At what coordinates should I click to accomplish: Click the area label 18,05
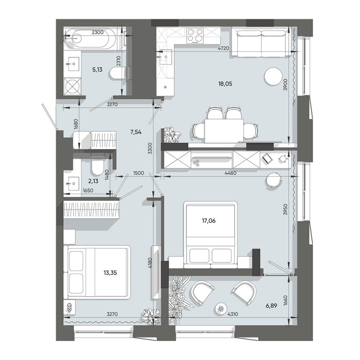tap(225, 84)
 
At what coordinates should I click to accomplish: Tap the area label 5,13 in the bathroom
tap(97, 69)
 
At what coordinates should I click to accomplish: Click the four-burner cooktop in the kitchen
tap(195, 35)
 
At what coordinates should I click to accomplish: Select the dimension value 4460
tap(230, 173)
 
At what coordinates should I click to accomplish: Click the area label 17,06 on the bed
tap(209, 221)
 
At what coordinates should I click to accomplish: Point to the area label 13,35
tap(110, 272)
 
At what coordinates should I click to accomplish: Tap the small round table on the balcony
tap(221, 309)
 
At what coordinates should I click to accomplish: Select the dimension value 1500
tap(138, 173)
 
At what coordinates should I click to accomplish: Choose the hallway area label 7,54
tap(135, 132)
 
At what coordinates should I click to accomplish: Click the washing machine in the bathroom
tap(72, 86)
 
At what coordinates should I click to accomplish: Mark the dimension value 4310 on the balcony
tap(232, 314)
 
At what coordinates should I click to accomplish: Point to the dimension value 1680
tap(76, 124)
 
